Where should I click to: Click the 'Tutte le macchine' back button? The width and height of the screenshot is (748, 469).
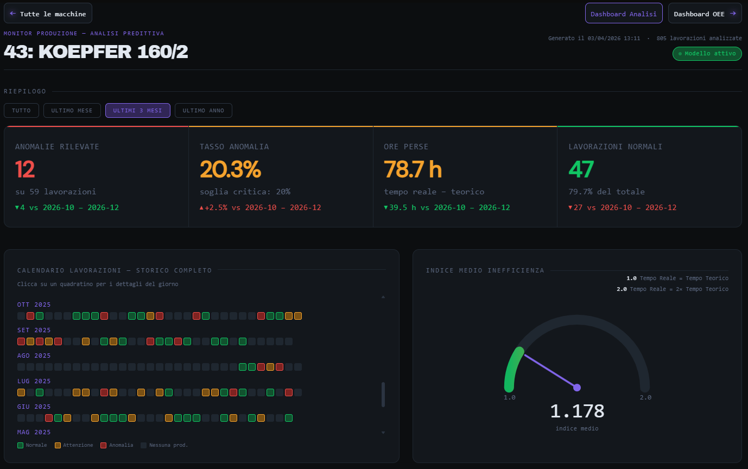48,14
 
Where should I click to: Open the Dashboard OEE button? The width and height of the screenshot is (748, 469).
705,14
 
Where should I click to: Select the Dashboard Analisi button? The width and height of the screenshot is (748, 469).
623,14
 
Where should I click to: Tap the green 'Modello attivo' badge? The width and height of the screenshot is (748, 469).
707,54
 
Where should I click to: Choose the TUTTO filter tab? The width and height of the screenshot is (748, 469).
21,111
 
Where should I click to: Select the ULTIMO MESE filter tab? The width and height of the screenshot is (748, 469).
72,111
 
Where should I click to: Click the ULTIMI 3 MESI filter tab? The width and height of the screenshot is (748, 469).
137,111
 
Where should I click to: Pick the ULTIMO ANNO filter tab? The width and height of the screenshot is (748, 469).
203,111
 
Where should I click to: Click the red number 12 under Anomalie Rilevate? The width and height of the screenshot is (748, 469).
25,169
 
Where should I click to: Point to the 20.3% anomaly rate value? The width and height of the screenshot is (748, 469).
230,169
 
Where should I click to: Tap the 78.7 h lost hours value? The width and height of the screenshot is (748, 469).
413,169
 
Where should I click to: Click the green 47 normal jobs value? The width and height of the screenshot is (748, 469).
581,169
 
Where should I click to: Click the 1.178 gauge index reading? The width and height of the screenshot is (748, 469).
577,411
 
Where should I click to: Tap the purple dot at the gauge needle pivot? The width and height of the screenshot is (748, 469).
577,387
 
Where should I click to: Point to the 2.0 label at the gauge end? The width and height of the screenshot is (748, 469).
645,397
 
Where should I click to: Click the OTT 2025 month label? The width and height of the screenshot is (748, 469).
34,305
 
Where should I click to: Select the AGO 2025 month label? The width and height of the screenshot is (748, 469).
34,356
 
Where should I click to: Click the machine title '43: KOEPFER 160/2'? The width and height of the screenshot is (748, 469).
96,52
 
